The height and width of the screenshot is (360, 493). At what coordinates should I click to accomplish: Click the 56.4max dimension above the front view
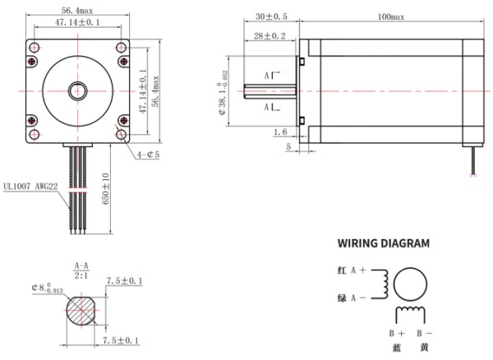81,11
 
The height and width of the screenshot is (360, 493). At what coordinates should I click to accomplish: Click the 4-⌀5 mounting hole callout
148,154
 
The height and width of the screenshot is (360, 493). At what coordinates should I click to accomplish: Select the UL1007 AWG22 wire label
32,186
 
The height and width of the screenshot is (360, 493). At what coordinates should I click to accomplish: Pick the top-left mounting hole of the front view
34,59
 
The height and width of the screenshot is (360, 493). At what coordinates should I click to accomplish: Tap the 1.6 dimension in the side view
279,131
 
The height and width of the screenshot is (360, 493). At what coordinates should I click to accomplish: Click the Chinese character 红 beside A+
341,270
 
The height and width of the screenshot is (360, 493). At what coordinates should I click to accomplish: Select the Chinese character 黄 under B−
424,348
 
